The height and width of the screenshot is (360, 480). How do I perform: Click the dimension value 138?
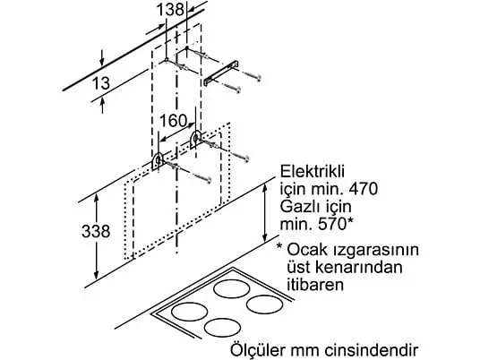[170, 9]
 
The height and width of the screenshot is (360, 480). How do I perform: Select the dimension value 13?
[100, 83]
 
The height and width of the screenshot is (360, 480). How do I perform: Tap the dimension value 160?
[173, 120]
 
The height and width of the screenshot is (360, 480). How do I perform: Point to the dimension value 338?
[96, 231]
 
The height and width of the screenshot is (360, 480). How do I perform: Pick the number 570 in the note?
[332, 225]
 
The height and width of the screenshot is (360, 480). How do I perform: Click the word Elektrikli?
[313, 171]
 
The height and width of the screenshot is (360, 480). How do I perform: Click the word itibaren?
[315, 285]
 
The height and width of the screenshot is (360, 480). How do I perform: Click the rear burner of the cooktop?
[232, 288]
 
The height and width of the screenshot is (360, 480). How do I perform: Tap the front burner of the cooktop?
[222, 328]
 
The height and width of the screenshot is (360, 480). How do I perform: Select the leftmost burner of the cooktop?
[189, 312]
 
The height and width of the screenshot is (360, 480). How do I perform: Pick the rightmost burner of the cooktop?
[264, 304]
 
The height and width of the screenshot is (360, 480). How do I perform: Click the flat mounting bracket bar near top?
[221, 73]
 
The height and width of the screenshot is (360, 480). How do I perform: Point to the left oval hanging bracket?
[159, 161]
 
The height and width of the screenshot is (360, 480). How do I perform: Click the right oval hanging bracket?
[196, 140]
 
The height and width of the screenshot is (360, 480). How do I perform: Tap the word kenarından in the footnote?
[345, 267]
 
